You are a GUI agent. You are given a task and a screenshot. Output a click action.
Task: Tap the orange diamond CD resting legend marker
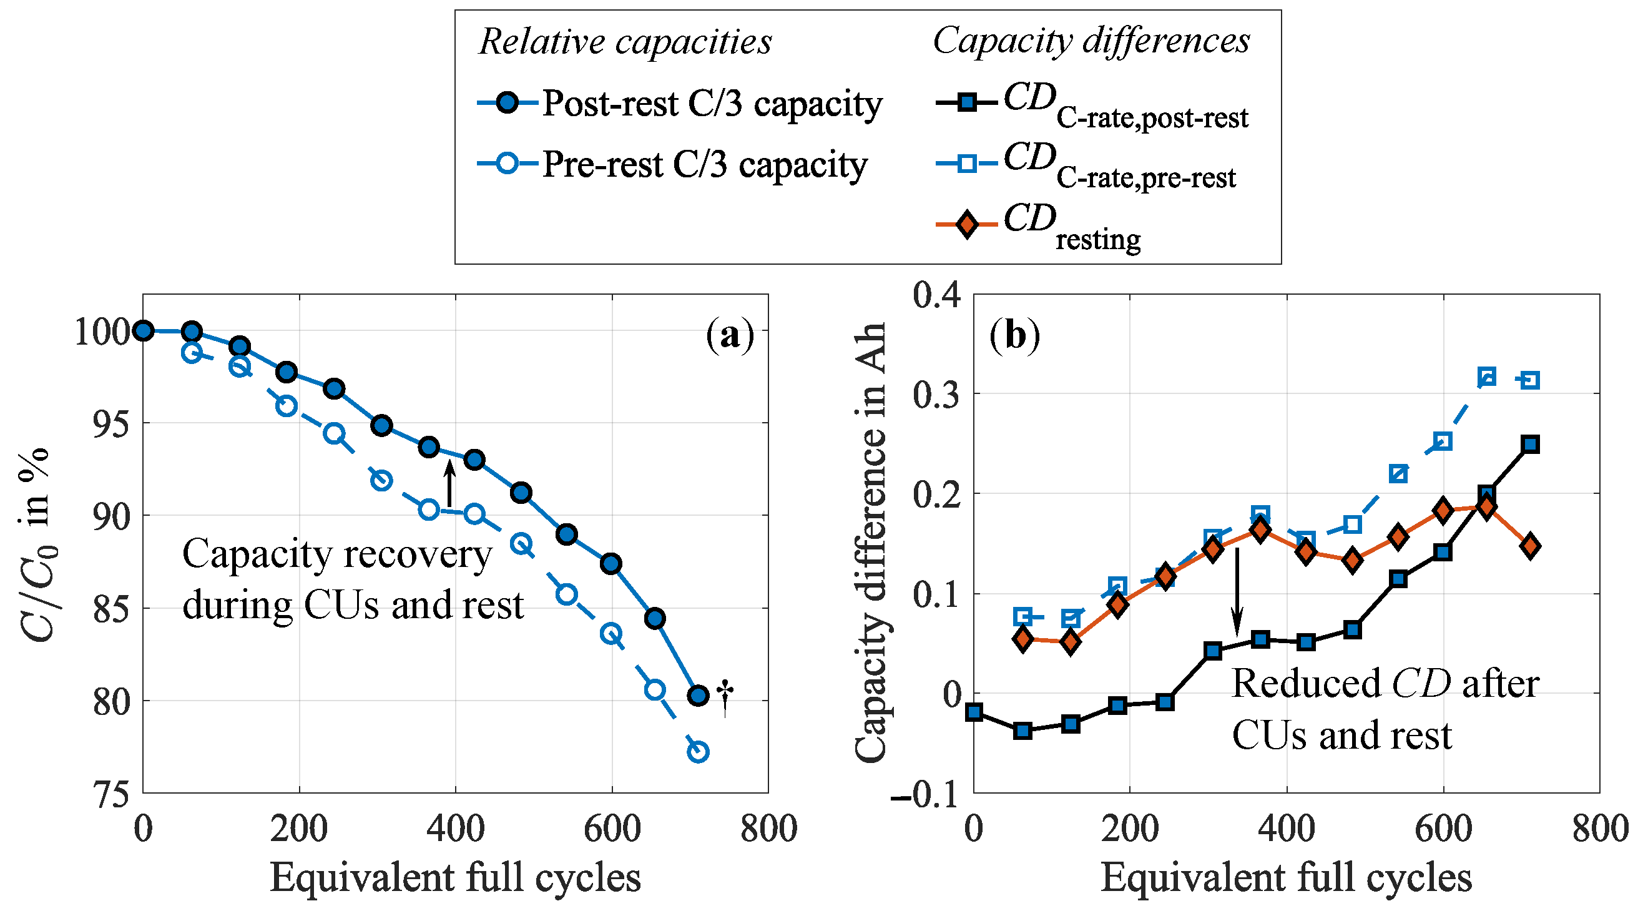click(x=966, y=224)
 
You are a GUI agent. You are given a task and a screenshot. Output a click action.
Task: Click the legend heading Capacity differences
click(x=1091, y=41)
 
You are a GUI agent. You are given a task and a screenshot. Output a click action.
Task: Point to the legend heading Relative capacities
click(x=625, y=42)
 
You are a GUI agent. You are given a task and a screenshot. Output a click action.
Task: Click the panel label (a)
click(x=729, y=335)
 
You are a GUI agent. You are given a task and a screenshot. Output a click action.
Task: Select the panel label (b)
click(x=1015, y=335)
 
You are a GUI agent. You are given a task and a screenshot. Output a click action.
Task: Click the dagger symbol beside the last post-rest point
click(x=725, y=698)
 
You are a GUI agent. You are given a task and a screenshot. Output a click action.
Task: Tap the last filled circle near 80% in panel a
click(x=698, y=696)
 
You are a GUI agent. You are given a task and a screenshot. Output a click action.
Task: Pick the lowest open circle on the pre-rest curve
click(x=698, y=752)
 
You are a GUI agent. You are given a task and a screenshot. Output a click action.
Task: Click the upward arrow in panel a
click(x=449, y=483)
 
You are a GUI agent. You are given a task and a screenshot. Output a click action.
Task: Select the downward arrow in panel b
click(x=1237, y=592)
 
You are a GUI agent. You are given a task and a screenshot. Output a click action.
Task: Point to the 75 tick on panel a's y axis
click(x=111, y=794)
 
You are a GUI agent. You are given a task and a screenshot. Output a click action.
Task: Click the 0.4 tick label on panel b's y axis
click(x=936, y=295)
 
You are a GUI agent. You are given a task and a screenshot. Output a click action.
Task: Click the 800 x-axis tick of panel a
click(x=768, y=830)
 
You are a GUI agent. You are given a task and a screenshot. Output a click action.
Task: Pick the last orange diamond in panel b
click(x=1531, y=546)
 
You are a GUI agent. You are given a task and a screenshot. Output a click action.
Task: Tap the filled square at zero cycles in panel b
click(x=974, y=712)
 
